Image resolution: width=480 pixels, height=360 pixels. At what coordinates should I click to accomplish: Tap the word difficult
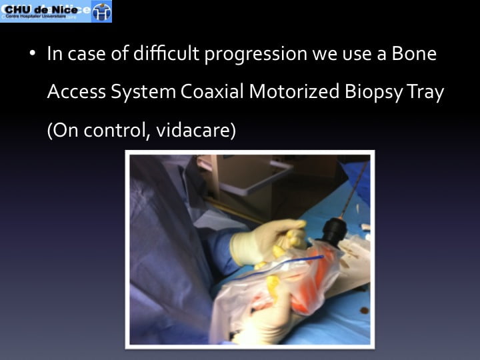(166, 53)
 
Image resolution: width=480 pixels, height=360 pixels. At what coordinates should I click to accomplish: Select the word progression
(256, 55)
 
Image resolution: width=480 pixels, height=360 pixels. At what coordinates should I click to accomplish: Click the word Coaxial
(212, 91)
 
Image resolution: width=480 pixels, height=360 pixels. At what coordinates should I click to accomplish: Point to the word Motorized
(294, 91)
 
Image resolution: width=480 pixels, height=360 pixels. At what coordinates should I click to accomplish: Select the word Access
(77, 91)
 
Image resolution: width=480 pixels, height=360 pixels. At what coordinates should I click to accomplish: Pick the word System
(143, 93)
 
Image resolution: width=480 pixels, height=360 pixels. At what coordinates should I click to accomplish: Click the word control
(117, 131)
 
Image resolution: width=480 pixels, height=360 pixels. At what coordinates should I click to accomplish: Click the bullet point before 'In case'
(33, 53)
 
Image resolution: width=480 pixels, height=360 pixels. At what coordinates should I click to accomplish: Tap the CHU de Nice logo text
(41, 10)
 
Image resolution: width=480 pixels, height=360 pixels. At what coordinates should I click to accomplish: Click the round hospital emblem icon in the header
(101, 11)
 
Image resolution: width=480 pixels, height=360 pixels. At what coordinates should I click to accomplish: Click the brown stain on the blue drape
(364, 311)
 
